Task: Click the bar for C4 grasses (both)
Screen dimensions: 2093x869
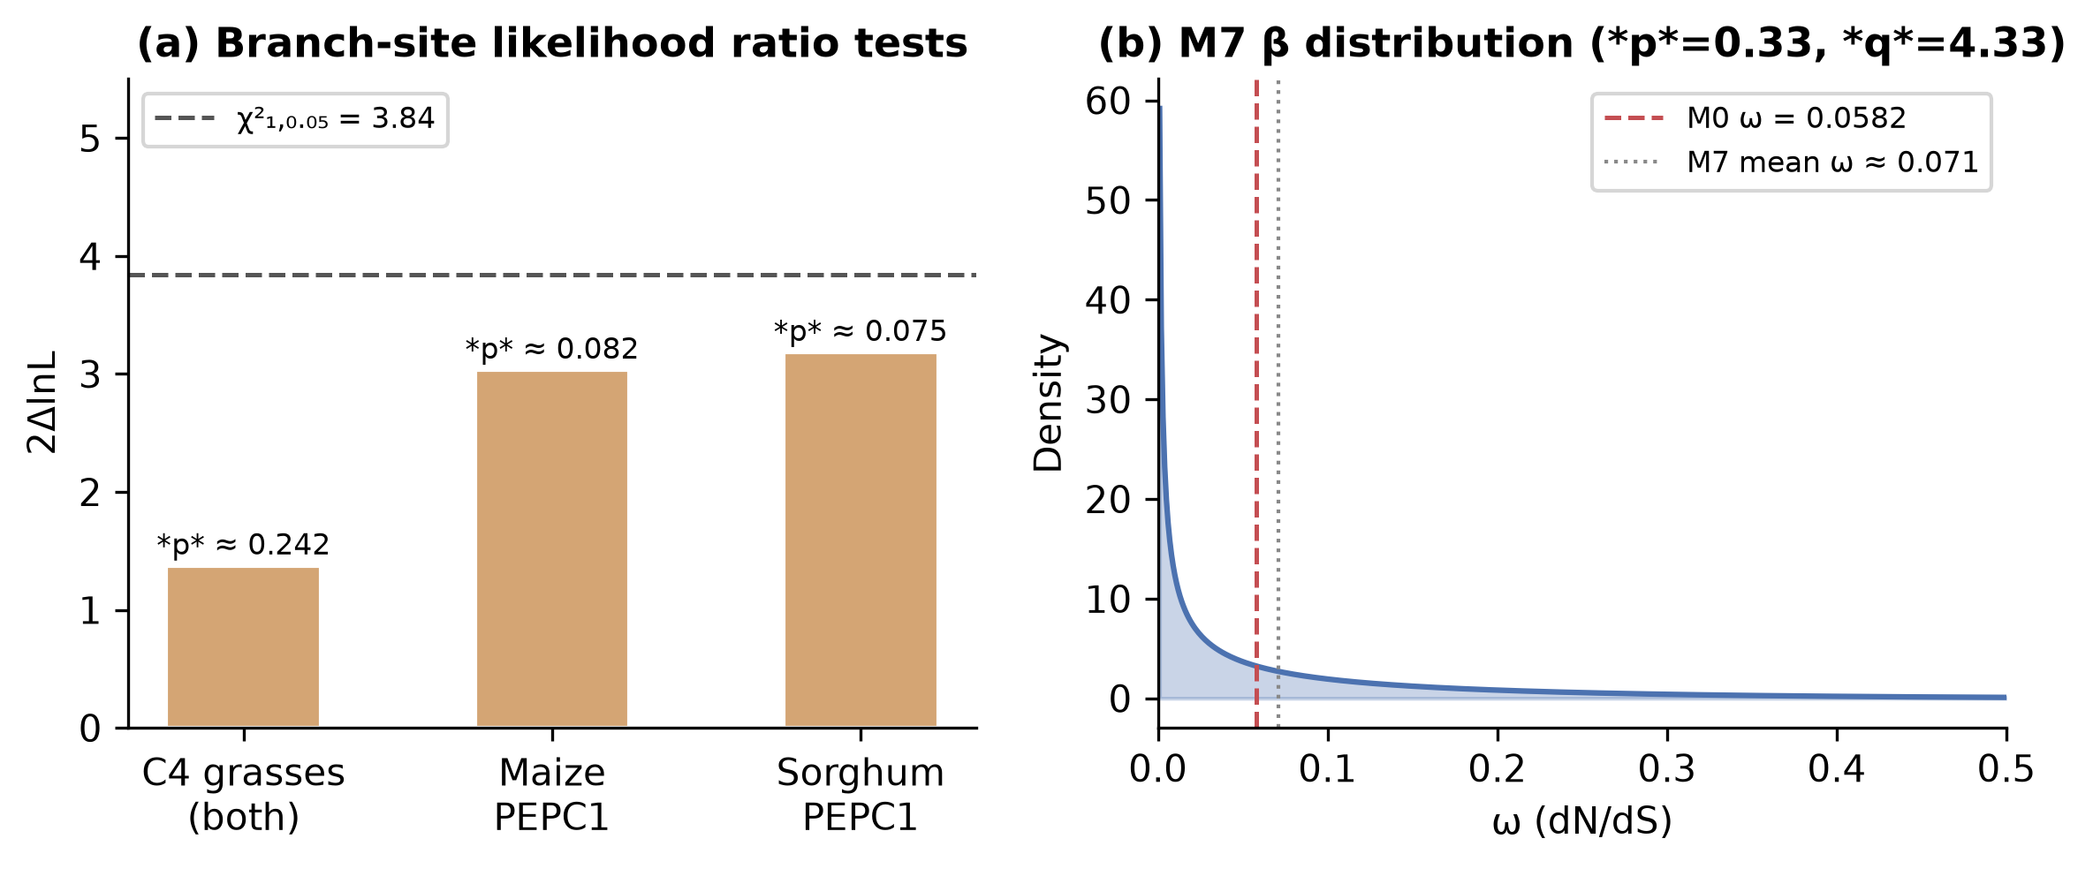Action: click(243, 647)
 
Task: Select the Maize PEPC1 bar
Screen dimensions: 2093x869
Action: click(552, 549)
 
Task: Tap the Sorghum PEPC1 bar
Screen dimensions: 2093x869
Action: click(861, 540)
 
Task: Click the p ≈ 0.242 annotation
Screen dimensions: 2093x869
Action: click(243, 545)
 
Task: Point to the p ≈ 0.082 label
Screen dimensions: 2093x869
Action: click(552, 349)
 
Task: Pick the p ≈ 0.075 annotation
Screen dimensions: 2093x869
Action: click(861, 331)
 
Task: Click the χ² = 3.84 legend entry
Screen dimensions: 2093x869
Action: click(295, 119)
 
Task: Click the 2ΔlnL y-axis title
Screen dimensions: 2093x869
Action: click(42, 403)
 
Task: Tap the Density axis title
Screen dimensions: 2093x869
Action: click(1049, 403)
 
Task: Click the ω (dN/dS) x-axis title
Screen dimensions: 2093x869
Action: click(1582, 821)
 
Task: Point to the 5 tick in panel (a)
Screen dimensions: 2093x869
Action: click(90, 139)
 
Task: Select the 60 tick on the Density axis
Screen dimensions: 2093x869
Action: click(1108, 102)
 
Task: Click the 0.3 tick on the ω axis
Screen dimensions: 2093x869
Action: click(1667, 769)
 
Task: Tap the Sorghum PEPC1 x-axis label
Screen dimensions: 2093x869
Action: click(861, 795)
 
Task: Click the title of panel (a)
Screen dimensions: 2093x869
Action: click(552, 43)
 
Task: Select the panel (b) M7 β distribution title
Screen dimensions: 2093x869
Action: click(1582, 43)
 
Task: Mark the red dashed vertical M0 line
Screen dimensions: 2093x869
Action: click(1256, 403)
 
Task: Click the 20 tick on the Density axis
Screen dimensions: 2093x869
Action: click(1108, 500)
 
